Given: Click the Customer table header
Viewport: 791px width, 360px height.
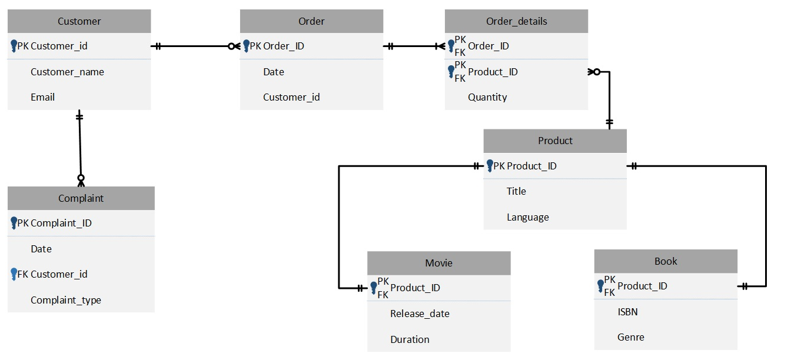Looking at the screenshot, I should [79, 21].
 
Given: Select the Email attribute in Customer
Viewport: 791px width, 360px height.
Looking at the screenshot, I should [42, 97].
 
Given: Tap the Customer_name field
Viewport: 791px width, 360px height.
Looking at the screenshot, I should [67, 72].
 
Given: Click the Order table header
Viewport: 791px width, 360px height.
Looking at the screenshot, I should [311, 21].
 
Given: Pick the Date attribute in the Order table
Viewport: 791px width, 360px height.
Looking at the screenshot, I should [274, 72].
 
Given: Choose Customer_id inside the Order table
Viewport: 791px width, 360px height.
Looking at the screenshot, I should [291, 97].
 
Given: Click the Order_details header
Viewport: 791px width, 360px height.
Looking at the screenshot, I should [516, 21].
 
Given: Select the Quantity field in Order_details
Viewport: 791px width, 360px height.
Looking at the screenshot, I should [487, 97].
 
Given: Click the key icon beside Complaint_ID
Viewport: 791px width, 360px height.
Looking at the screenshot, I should [14, 223].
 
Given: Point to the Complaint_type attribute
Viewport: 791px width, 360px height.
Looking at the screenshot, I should [66, 300].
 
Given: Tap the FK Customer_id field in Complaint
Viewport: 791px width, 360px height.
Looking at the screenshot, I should [59, 274].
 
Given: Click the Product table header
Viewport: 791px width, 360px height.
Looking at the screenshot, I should [555, 141].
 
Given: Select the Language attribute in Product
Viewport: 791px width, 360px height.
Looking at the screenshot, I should [527, 217].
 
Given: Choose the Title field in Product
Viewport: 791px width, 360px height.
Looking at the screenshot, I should [516, 191].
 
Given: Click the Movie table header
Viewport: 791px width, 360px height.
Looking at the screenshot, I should [438, 263].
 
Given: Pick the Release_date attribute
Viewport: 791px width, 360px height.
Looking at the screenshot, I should [420, 314].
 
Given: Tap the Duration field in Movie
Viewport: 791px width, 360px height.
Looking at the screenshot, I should [410, 339].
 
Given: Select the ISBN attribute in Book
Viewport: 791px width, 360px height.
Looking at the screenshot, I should [627, 312].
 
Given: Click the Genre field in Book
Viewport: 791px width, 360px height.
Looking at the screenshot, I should [630, 337].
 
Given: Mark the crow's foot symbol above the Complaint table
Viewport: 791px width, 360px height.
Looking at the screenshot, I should [81, 180].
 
